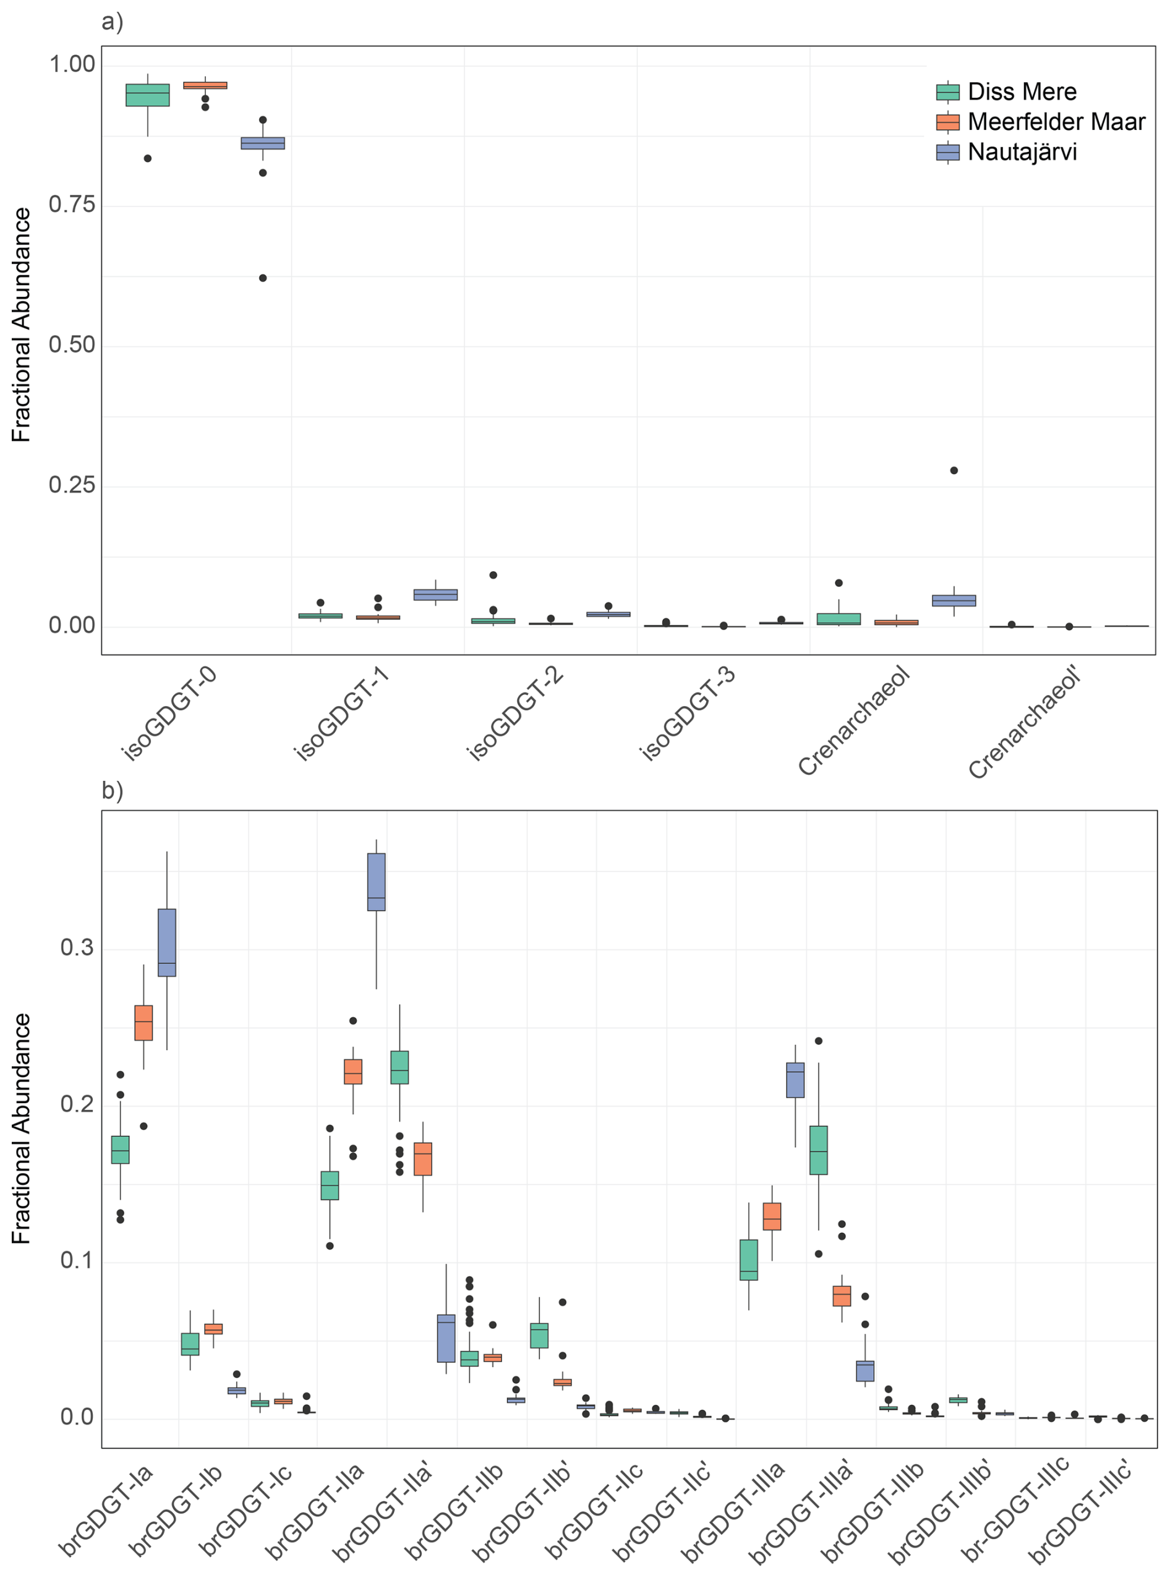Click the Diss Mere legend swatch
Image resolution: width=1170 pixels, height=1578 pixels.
tap(947, 92)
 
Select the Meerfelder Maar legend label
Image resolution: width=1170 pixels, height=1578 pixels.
tap(1055, 122)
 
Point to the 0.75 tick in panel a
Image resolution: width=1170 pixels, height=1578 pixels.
tap(72, 205)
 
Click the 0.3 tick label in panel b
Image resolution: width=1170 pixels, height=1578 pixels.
tap(77, 949)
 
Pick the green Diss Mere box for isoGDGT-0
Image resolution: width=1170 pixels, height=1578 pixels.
tap(147, 95)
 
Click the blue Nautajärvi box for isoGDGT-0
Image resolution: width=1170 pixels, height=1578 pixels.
tap(263, 143)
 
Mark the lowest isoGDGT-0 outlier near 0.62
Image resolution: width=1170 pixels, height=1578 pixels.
tap(263, 278)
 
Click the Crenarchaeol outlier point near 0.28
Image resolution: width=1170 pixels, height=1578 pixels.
tap(954, 471)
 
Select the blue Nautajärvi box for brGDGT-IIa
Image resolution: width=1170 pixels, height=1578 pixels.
tap(376, 881)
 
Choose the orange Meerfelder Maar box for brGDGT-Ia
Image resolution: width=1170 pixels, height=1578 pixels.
tap(143, 1023)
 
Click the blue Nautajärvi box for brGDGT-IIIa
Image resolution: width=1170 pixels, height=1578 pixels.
tap(795, 1080)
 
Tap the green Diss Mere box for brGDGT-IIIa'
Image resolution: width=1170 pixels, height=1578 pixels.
tap(819, 1149)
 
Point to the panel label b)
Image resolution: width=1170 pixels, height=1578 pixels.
tap(112, 790)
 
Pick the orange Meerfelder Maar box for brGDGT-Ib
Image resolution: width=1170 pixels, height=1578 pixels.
tap(213, 1329)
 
